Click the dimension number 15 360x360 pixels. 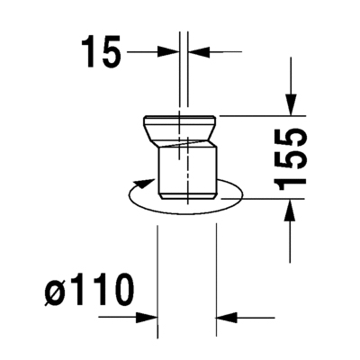coord(101,51)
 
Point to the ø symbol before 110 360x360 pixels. coord(54,292)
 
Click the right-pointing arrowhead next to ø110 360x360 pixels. coord(149,317)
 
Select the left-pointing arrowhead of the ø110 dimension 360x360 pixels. coord(226,317)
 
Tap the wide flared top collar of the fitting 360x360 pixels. coord(184,125)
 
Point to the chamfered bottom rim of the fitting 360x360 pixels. coord(185,195)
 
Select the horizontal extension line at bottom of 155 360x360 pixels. coord(261,200)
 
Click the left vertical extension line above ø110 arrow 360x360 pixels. coord(158,270)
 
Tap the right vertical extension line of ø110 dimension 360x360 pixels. coord(216,270)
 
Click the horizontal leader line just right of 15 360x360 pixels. coord(144,52)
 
